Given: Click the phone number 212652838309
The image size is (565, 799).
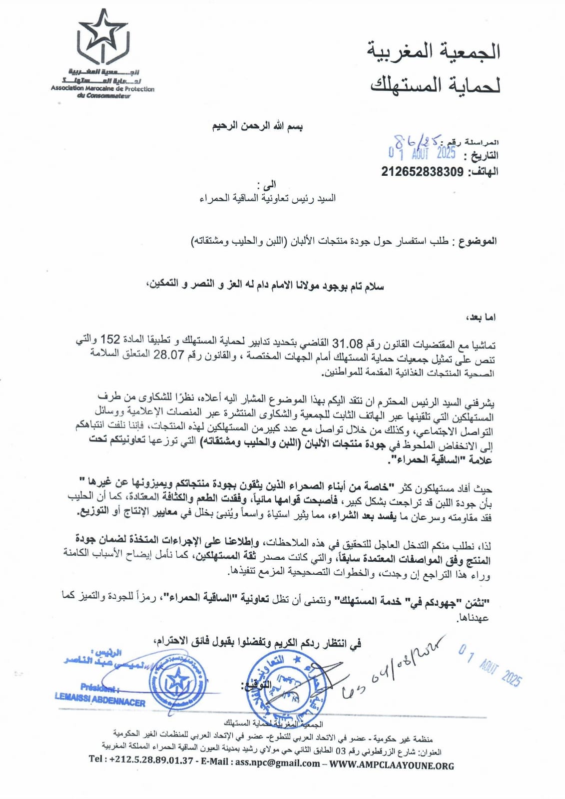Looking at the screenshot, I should tap(422, 172).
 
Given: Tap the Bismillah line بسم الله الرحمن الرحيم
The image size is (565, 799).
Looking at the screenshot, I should tap(258, 126).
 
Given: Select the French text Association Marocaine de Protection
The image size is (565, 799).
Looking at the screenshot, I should tap(102, 89).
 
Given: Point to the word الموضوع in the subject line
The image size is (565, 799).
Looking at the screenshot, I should tap(477, 241).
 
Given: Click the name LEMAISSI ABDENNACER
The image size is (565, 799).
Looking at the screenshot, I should tap(100, 701).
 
